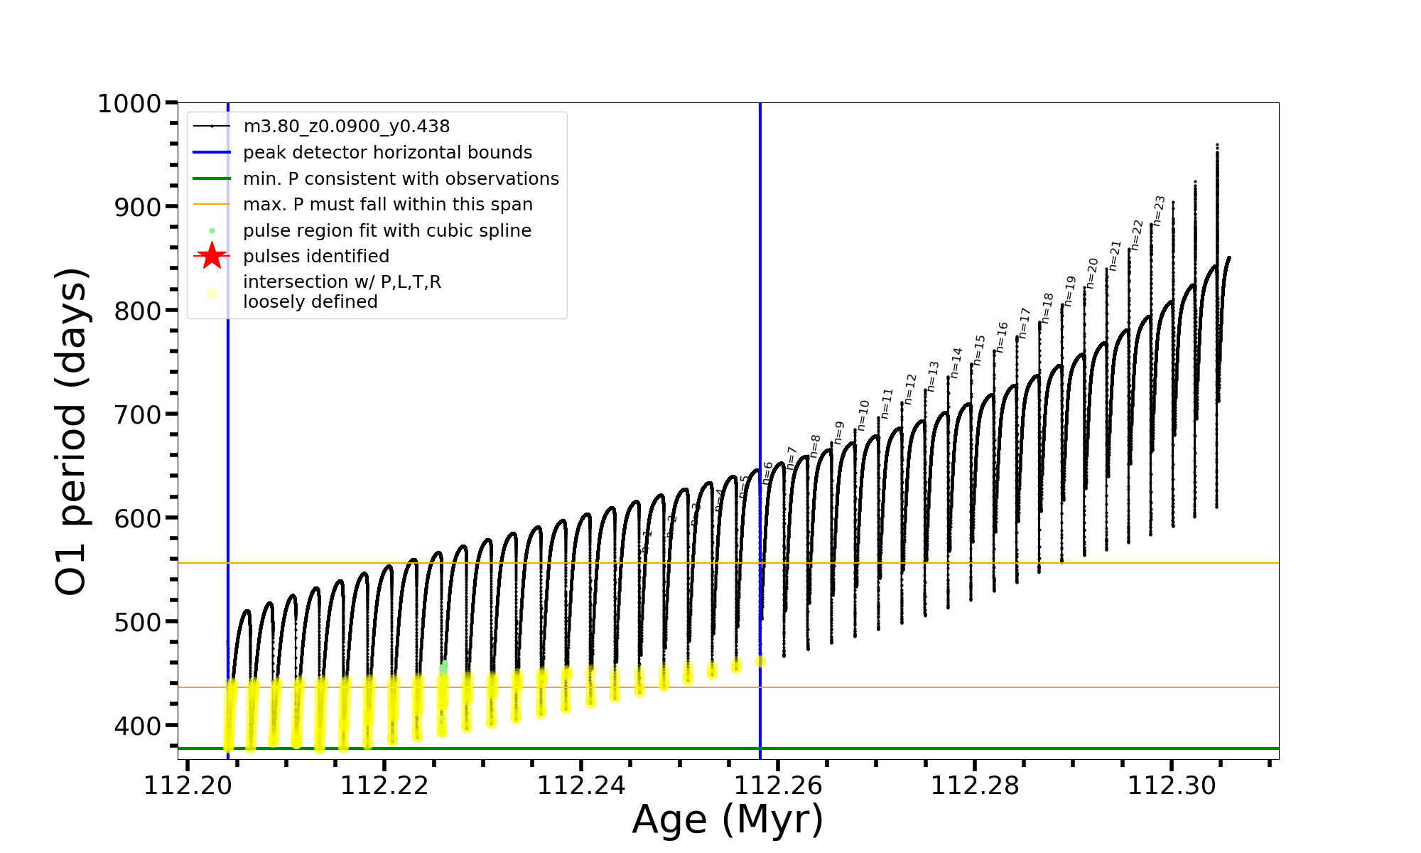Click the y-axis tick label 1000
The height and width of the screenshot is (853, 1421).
click(x=129, y=104)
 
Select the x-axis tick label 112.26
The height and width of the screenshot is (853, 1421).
click(x=778, y=785)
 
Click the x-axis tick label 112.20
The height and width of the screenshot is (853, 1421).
click(x=188, y=785)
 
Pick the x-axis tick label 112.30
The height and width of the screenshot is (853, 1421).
click(x=1172, y=785)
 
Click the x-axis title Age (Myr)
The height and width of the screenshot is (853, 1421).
click(x=728, y=820)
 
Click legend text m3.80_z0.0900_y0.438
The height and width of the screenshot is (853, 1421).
click(x=346, y=127)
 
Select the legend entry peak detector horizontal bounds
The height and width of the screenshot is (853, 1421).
click(x=387, y=153)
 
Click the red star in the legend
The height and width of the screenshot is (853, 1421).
click(x=212, y=256)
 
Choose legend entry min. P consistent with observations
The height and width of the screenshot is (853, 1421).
click(x=401, y=178)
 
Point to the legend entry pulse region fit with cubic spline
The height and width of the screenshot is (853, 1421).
click(x=387, y=231)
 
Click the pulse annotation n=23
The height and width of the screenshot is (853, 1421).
click(x=1159, y=210)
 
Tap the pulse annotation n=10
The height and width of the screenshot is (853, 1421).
click(x=863, y=415)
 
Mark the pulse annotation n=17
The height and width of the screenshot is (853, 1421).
click(x=1024, y=323)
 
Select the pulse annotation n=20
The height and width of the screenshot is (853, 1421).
click(x=1092, y=273)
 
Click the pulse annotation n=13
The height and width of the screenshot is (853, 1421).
click(x=933, y=376)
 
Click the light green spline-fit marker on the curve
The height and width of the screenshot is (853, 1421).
click(x=444, y=667)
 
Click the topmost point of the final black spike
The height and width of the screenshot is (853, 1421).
click(x=1217, y=145)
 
